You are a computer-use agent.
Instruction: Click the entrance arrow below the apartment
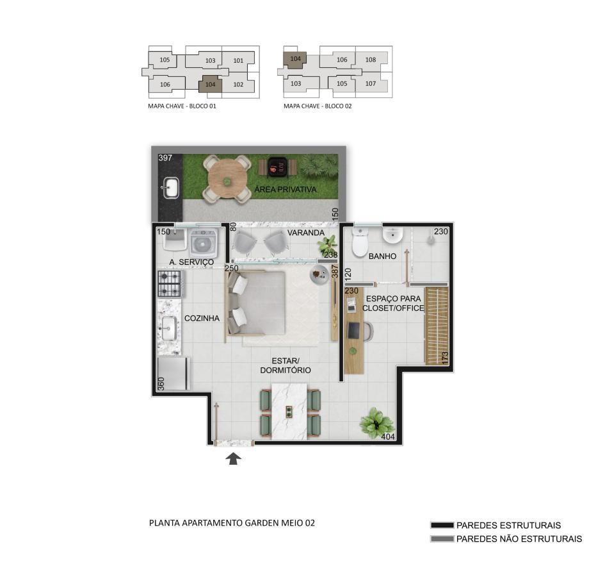(x=233, y=458)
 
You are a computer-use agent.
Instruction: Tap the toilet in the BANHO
(x=360, y=242)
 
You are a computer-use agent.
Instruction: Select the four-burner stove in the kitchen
(x=170, y=284)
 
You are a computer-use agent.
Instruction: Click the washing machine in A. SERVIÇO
(x=203, y=243)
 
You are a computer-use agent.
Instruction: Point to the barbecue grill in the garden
(x=278, y=167)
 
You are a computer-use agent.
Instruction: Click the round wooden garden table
(x=227, y=180)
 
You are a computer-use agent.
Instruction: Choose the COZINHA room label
(x=202, y=319)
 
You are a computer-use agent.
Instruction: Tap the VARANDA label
(x=306, y=233)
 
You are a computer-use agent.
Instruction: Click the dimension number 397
(x=165, y=158)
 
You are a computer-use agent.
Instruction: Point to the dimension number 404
(x=387, y=437)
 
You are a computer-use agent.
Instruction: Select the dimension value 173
(x=444, y=358)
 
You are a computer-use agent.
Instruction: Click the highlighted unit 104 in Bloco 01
(x=211, y=85)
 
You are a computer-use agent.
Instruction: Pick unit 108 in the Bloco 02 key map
(x=371, y=60)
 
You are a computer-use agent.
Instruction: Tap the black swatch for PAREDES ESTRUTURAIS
(x=442, y=526)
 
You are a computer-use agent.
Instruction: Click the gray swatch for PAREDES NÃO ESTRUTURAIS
(x=442, y=539)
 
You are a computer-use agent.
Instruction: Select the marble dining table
(x=289, y=411)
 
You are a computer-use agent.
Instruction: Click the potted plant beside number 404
(x=376, y=422)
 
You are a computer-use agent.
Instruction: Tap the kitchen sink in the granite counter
(x=169, y=328)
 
